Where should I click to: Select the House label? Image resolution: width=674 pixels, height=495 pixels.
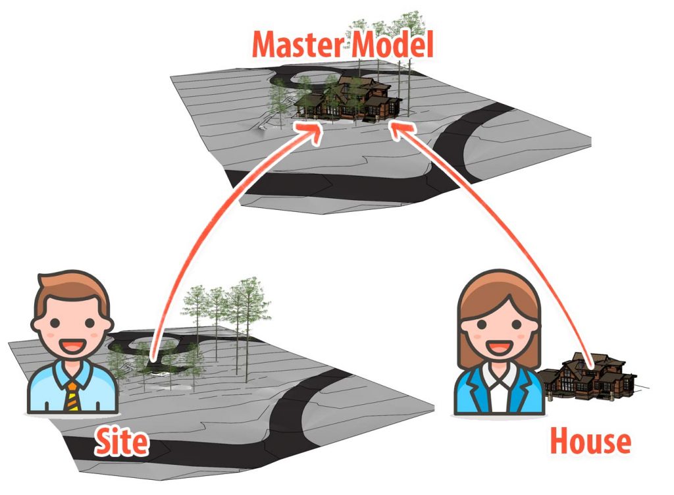coord(590,441)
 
